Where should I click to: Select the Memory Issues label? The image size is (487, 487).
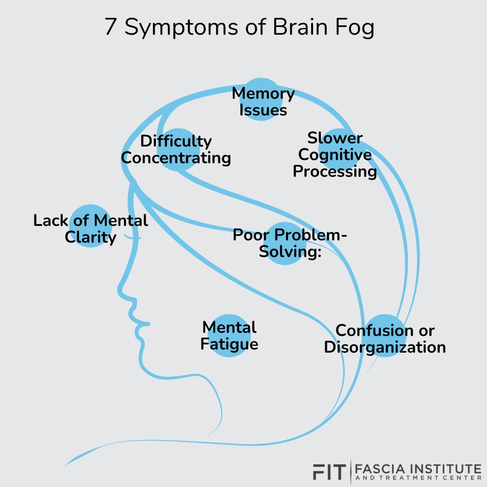point(263,102)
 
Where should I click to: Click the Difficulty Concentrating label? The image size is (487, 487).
point(176,150)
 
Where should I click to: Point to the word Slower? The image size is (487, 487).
point(335,138)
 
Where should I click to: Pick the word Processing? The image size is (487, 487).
point(335,172)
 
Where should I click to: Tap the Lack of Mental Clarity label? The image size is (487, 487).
point(91,229)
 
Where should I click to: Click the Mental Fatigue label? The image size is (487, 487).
point(229,335)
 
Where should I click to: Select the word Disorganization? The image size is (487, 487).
point(385,347)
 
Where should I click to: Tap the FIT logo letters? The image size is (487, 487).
point(329,471)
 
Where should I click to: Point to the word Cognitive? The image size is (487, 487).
point(335,155)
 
